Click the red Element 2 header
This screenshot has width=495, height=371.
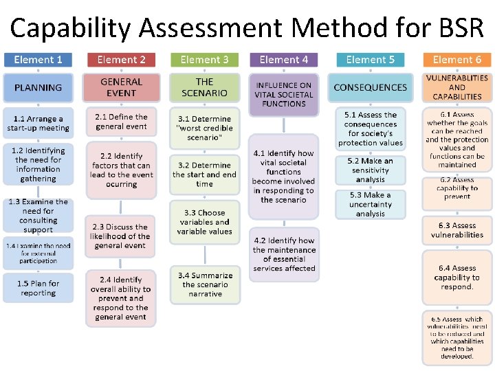click(122, 60)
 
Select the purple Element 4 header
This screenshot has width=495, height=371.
click(284, 60)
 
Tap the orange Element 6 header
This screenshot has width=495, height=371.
click(457, 60)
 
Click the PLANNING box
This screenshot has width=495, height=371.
click(38, 88)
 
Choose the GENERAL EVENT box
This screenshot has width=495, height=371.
click(122, 88)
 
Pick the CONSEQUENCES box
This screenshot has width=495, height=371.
click(370, 88)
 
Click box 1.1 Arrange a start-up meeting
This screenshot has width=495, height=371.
click(38, 124)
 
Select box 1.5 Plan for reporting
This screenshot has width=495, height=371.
click(38, 288)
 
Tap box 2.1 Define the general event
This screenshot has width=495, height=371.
click(122, 122)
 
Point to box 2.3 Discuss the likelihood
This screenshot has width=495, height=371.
click(122, 236)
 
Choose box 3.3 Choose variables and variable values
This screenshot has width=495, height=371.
click(204, 222)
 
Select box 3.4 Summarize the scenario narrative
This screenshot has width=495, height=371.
click(204, 284)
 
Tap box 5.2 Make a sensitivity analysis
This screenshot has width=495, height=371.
click(370, 170)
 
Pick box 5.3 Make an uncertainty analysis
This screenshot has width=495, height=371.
click(370, 204)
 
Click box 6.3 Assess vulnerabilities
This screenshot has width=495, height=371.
click(457, 230)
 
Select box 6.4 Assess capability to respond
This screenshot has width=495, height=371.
click(457, 278)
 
